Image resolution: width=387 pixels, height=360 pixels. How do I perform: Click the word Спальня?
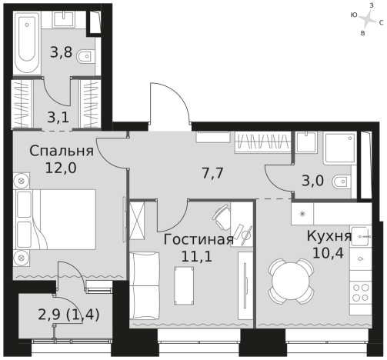click(62, 151)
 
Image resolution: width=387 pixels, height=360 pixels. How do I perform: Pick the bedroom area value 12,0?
click(62, 167)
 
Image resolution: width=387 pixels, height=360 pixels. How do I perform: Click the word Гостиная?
click(198, 239)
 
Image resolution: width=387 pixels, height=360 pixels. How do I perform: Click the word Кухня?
click(329, 236)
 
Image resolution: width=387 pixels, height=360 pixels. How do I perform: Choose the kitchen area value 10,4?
click(329, 252)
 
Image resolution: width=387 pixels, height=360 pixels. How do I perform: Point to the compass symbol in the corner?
click(369, 15)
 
